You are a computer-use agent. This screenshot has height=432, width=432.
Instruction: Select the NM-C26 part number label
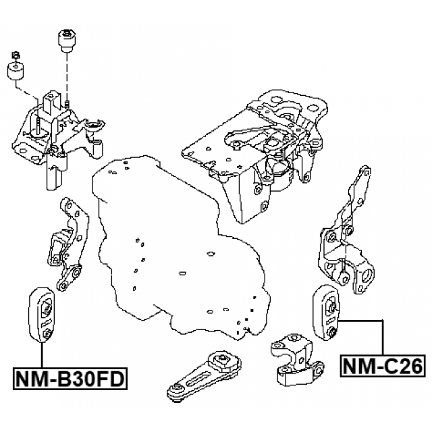(x=381, y=366)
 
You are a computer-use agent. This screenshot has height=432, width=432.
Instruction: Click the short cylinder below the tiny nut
(x=16, y=72)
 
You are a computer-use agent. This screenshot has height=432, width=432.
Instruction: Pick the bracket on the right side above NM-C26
(x=348, y=243)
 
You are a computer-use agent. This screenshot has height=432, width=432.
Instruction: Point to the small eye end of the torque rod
(x=177, y=391)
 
